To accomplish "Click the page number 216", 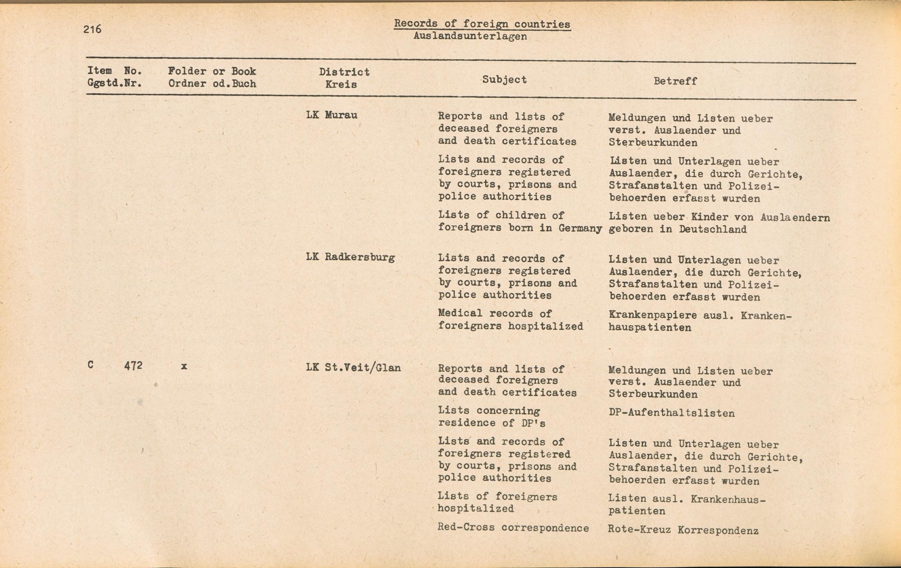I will point(92,29).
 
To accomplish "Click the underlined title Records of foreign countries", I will point(482,24).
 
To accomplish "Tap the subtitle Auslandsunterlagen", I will point(470,37).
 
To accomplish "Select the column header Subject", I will point(504,80).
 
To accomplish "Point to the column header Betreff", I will point(675,81).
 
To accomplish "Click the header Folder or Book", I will point(212,71).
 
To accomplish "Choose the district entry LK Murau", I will point(332,115).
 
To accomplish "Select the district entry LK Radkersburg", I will point(350,257).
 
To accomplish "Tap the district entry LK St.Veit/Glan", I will point(353,368).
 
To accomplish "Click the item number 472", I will point(133,366).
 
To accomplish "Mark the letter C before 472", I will point(91,365).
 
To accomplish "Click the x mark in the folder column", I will point(184,366).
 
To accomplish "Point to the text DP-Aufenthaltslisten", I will point(671,413).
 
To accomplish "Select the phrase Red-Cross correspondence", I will point(513,528).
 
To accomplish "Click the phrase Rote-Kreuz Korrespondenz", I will point(683,530).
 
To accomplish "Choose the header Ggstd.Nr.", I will point(114,83).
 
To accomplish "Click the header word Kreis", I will point(341,84).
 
